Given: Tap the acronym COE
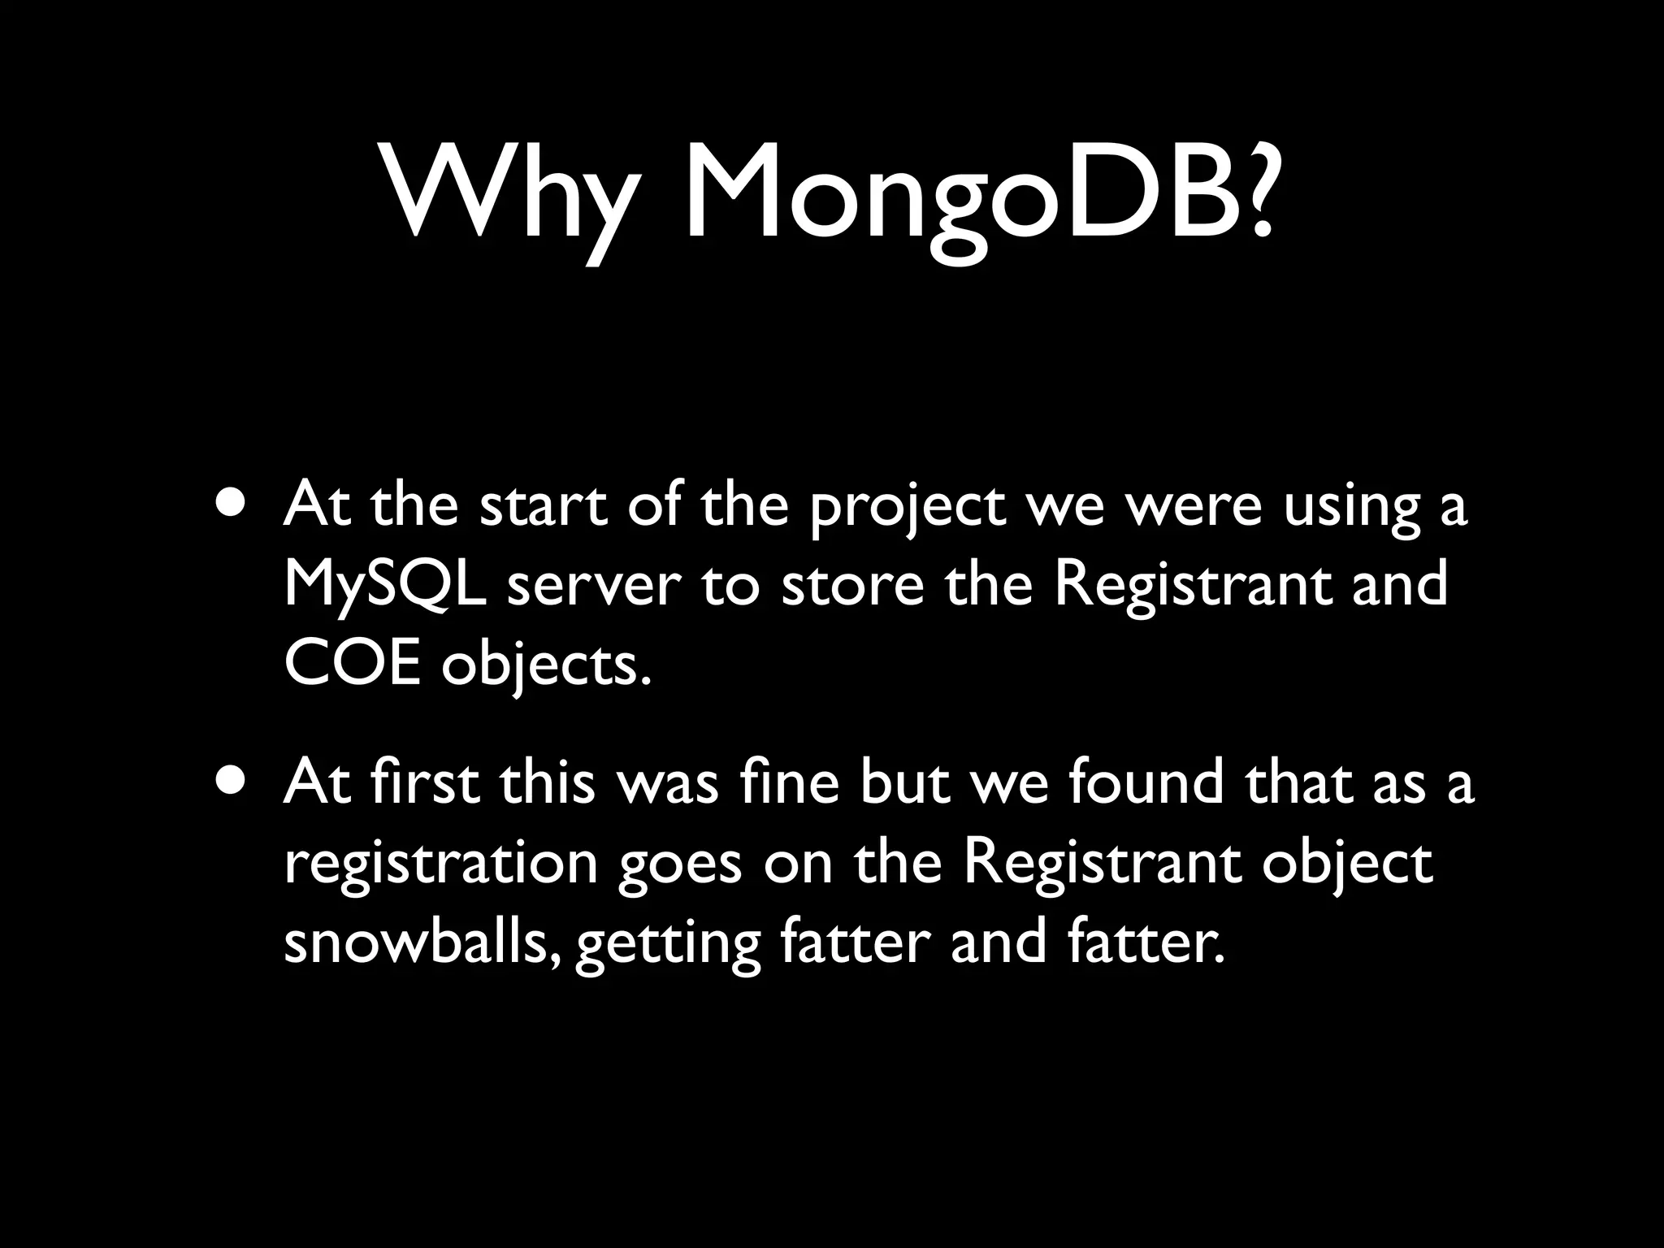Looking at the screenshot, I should coord(352,666).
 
